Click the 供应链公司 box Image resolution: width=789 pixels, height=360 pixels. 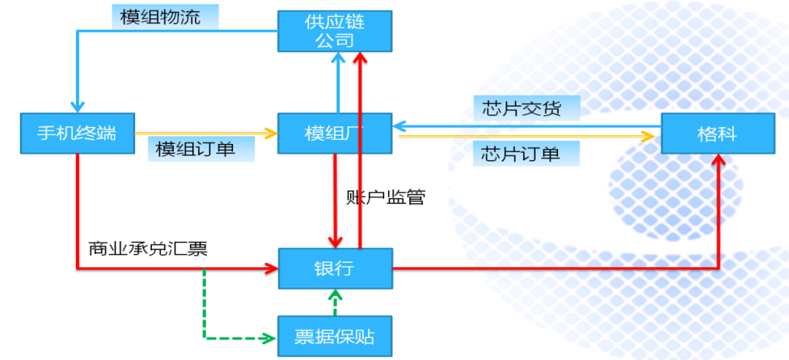335,31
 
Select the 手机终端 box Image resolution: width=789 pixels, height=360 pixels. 77,134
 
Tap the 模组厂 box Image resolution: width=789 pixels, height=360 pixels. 335,134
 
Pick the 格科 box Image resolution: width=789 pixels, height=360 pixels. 717,134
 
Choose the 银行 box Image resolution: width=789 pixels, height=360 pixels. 335,269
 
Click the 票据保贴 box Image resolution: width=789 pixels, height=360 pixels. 335,336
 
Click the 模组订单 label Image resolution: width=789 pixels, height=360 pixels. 195,149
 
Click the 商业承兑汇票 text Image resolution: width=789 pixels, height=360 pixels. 148,248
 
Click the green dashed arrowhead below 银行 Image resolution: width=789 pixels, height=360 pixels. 335,294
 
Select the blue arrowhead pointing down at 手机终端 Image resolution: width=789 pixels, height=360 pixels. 77,107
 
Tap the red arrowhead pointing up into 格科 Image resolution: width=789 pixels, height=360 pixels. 720,160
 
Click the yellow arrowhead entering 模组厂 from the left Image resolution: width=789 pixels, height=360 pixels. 272,134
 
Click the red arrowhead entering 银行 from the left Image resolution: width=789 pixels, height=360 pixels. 272,269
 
